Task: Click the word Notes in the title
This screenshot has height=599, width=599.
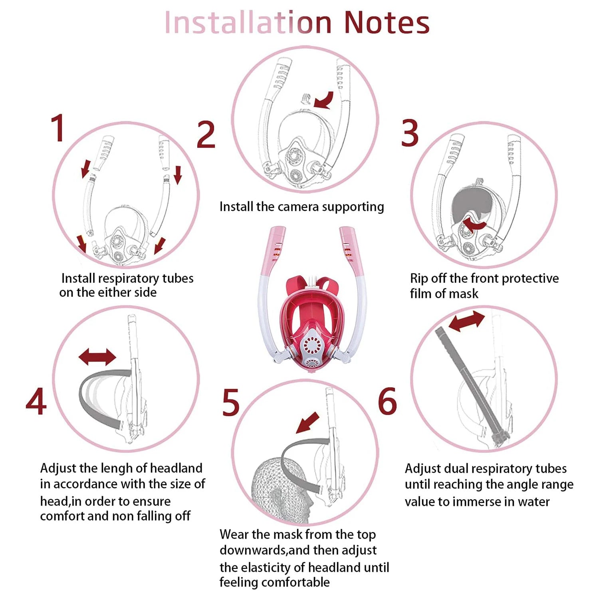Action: tap(387, 22)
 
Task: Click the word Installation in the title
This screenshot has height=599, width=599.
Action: tap(248, 22)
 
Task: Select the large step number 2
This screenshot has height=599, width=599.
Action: tap(206, 135)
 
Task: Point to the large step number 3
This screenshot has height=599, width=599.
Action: tap(410, 133)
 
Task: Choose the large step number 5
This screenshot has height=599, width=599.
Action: tap(231, 403)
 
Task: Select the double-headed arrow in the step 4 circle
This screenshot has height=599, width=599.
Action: tap(97, 357)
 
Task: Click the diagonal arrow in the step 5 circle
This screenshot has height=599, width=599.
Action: tap(308, 422)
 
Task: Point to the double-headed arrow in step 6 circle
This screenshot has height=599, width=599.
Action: tap(467, 321)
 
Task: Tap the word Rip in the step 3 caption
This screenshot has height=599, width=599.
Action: tap(419, 279)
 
